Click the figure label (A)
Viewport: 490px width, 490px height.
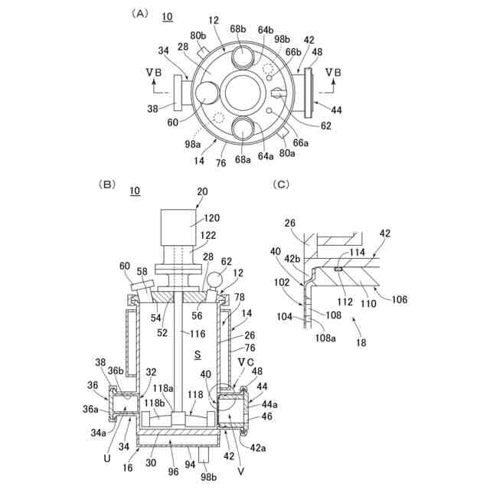click(x=139, y=14)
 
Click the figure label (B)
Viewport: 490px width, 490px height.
click(x=107, y=184)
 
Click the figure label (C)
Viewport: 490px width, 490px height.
click(x=281, y=184)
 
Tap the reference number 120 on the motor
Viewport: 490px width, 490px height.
click(x=212, y=217)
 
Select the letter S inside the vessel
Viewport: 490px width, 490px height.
click(x=198, y=354)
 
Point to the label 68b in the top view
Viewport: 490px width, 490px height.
click(x=238, y=29)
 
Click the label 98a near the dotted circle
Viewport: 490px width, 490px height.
click(x=192, y=144)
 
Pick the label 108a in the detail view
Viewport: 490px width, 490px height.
click(x=325, y=338)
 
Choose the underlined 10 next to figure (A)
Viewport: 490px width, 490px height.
click(x=168, y=17)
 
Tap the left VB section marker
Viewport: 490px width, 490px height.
click(x=154, y=73)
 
